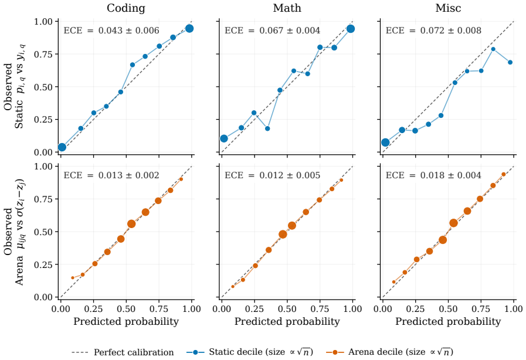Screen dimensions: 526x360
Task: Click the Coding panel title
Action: (x=126, y=8)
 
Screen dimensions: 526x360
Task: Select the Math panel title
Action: (x=287, y=8)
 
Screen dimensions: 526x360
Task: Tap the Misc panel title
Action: (x=448, y=8)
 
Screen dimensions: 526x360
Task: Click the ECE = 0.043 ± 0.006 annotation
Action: (x=111, y=30)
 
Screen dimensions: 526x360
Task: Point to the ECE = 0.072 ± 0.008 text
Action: (x=433, y=30)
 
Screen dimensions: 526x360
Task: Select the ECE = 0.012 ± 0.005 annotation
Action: (x=273, y=175)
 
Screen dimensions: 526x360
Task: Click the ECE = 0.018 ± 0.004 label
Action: (x=433, y=175)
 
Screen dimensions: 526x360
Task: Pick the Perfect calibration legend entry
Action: (x=123, y=352)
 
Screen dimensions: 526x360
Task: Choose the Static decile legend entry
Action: (x=250, y=352)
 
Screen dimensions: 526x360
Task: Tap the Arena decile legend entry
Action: (x=389, y=352)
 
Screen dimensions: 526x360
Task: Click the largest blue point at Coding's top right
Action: (x=189, y=29)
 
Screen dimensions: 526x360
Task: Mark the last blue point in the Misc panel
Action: (x=510, y=62)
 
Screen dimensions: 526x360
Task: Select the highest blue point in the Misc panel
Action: (x=493, y=49)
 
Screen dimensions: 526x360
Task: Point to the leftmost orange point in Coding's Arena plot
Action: (x=73, y=278)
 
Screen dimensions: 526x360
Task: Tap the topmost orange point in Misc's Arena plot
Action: (x=504, y=175)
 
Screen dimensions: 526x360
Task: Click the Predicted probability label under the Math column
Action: (x=287, y=322)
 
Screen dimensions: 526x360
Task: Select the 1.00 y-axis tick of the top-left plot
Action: (x=43, y=22)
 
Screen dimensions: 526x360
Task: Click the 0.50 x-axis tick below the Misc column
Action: (x=448, y=308)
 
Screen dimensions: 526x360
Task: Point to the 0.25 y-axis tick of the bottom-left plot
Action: (x=43, y=264)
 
